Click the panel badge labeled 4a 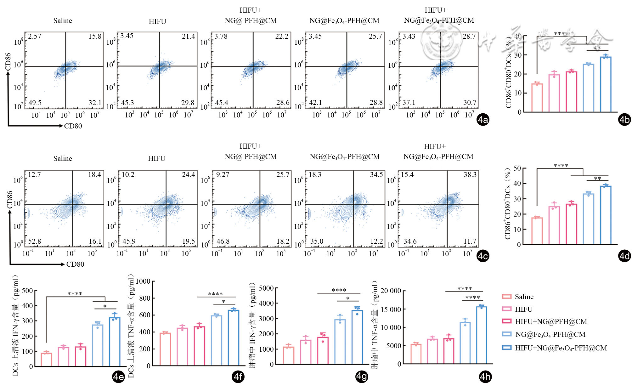point(483,120)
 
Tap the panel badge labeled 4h point(485,377)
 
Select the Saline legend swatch point(506,297)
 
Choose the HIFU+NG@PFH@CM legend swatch point(506,321)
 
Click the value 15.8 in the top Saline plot point(95,37)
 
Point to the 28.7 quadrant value point(469,37)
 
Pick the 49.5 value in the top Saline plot point(35,103)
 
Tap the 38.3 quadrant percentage point(470,175)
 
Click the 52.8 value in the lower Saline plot point(35,241)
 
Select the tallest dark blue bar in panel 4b point(606,84)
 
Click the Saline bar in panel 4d point(537,231)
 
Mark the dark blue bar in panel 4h point(481,335)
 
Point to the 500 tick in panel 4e point(27,291)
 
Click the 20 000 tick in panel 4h point(391,291)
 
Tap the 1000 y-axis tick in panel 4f point(143,281)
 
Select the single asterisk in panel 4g point(348,298)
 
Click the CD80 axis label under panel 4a point(73,126)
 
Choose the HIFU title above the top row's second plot point(157,21)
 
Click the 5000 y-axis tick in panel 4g point(266,288)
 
